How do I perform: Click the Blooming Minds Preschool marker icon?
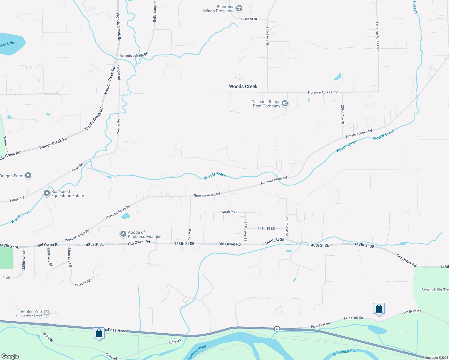(x=239, y=8)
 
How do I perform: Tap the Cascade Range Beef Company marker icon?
(x=285, y=104)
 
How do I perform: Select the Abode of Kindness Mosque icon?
(x=123, y=234)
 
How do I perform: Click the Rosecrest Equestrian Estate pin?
(x=47, y=193)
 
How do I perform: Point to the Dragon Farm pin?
(x=28, y=175)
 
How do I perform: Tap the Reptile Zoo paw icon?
(x=46, y=313)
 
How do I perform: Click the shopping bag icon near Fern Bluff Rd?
(x=379, y=309)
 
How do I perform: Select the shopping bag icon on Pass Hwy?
(x=99, y=333)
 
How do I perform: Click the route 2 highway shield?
(x=277, y=329)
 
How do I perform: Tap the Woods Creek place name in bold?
(x=243, y=86)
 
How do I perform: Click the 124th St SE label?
(x=249, y=19)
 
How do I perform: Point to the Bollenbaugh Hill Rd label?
(x=134, y=55)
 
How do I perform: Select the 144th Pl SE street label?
(x=230, y=212)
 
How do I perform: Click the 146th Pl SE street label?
(x=266, y=229)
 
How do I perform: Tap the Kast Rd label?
(x=190, y=235)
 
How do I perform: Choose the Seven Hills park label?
(x=435, y=290)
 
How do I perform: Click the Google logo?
(x=10, y=356)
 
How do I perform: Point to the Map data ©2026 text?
(x=436, y=358)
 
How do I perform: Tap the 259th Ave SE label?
(x=342, y=115)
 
